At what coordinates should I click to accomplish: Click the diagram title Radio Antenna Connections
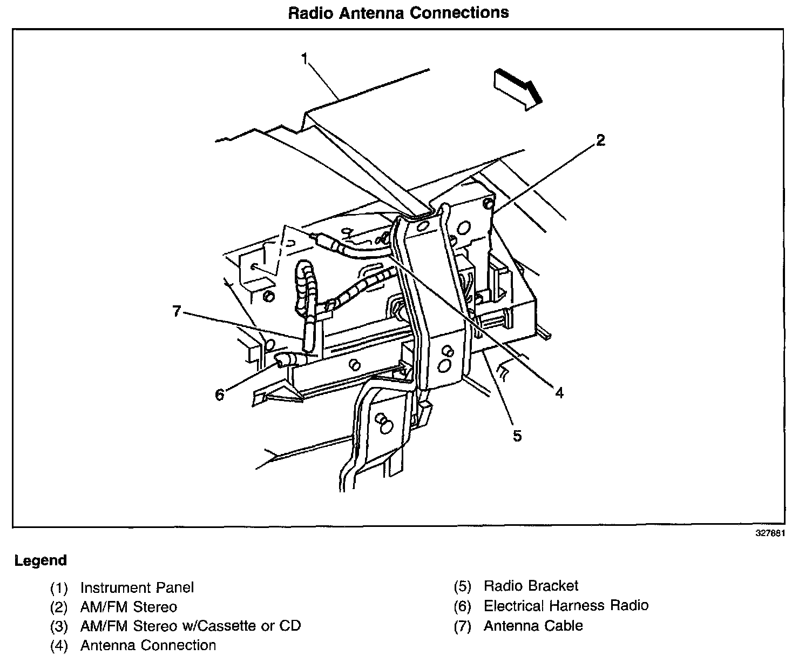click(x=398, y=12)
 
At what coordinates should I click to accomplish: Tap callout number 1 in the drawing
click(x=305, y=58)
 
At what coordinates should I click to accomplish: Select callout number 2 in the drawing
click(x=600, y=141)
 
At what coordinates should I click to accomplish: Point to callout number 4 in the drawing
click(x=559, y=393)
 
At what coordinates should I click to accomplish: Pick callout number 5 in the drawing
click(x=517, y=436)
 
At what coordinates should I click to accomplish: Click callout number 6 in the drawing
click(x=219, y=395)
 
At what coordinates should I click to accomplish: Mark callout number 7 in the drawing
click(x=177, y=312)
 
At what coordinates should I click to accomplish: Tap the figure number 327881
click(x=769, y=533)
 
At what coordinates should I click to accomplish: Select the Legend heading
click(x=40, y=560)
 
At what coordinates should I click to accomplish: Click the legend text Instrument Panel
click(x=137, y=587)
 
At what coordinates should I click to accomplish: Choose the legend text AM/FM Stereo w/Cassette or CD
click(x=190, y=626)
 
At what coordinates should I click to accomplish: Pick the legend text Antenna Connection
click(x=148, y=645)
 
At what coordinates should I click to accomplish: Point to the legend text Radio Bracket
click(x=531, y=586)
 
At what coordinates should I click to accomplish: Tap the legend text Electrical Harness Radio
click(x=566, y=606)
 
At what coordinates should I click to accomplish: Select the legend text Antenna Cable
click(x=533, y=626)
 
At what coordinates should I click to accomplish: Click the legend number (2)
click(x=59, y=607)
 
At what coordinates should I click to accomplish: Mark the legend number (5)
click(x=463, y=586)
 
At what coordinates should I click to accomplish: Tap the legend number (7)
click(x=463, y=626)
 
